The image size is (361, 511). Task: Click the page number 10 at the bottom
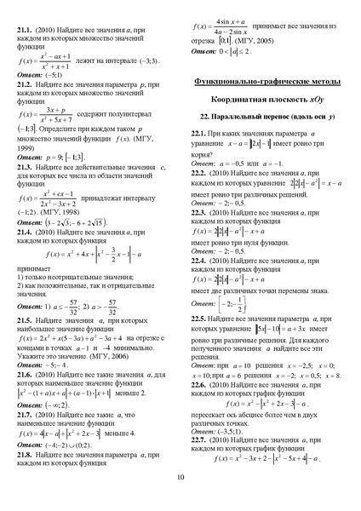coord(180,500)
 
